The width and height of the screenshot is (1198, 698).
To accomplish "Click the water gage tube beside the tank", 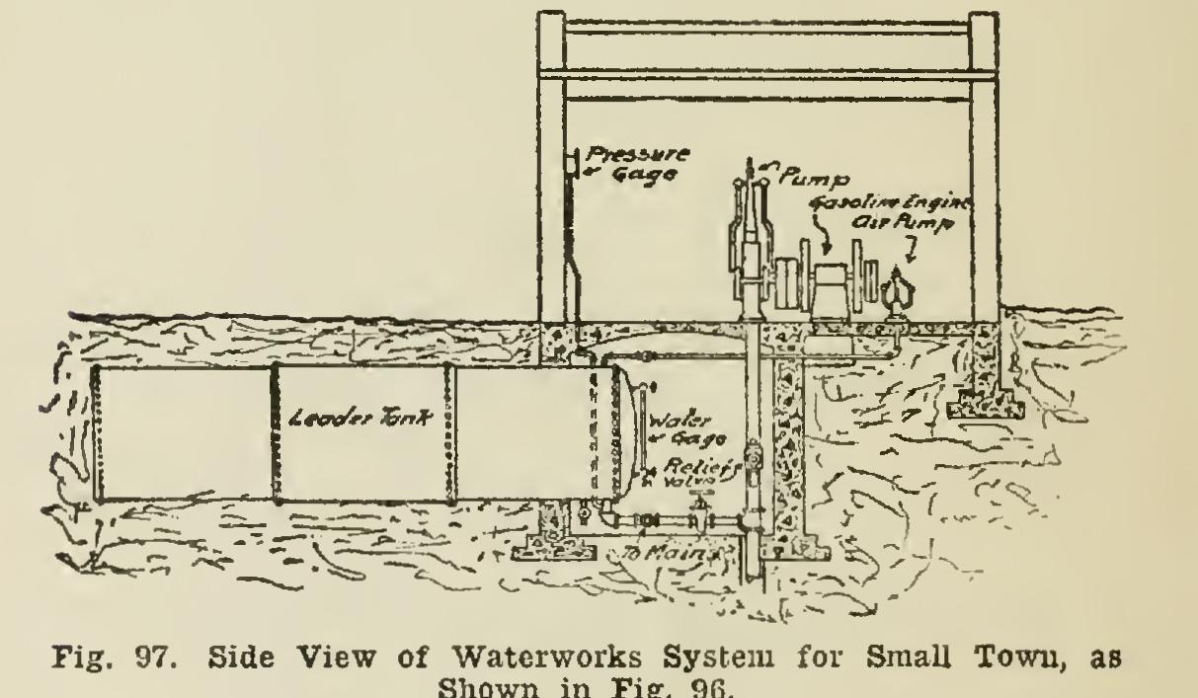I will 640,434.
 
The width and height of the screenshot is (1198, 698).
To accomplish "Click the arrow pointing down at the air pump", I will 911,255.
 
